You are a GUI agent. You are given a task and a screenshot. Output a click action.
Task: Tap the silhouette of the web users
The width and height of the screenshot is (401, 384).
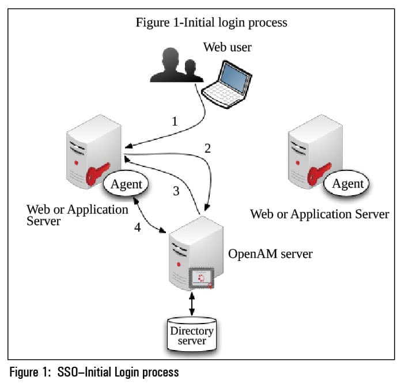(x=172, y=65)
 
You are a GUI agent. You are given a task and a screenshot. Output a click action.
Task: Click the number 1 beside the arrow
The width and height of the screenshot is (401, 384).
(x=175, y=122)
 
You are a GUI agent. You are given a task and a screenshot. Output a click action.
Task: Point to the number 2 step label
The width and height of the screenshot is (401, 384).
(x=207, y=148)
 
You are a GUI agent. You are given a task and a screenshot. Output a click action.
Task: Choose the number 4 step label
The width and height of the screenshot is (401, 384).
(x=137, y=227)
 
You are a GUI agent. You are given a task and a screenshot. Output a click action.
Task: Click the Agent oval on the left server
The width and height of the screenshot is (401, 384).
(x=126, y=184)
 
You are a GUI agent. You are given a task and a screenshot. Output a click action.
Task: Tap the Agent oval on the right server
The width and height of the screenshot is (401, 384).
(x=348, y=184)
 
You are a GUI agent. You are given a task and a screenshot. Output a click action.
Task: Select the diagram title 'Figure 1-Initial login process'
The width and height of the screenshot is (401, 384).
(x=211, y=23)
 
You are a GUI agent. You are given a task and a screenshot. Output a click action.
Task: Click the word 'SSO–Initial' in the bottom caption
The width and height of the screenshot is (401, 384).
(x=85, y=372)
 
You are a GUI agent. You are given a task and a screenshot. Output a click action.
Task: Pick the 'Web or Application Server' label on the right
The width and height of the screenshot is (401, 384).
(x=319, y=214)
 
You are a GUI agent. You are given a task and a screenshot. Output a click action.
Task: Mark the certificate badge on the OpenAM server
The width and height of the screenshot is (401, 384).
(x=201, y=278)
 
